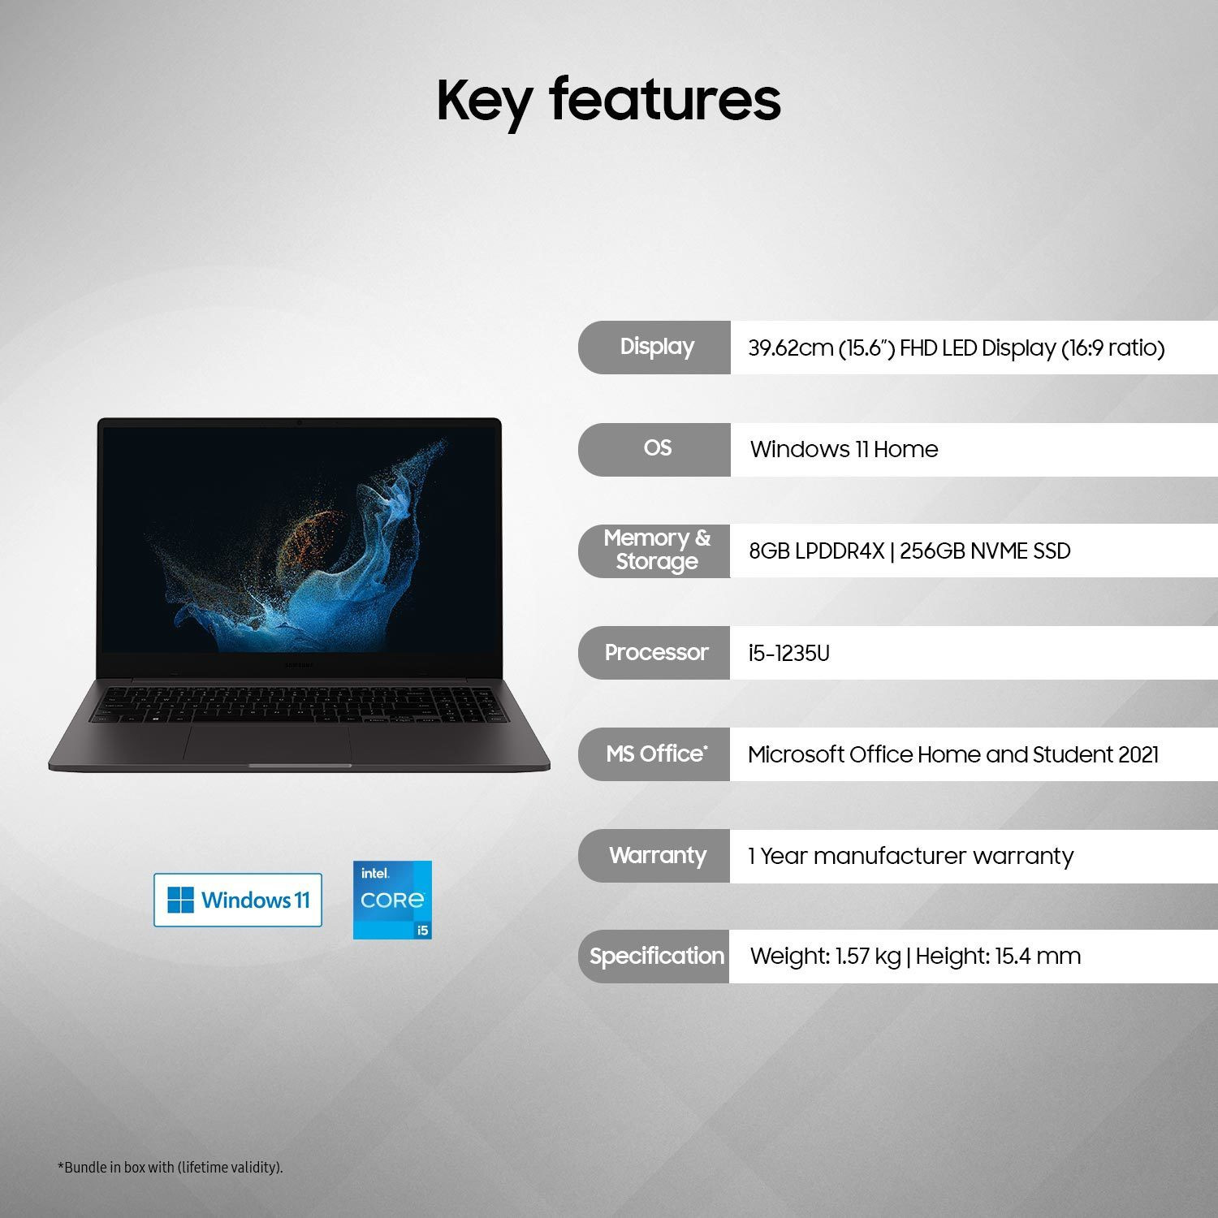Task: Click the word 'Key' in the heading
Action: (x=484, y=101)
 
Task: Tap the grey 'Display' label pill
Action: (x=655, y=348)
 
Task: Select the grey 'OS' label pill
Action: (x=655, y=449)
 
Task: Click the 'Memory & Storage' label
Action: (x=655, y=551)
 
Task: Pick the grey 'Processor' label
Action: (x=655, y=653)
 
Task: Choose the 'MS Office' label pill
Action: (x=655, y=754)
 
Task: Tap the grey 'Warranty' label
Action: (x=655, y=856)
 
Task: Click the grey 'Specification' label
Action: (x=655, y=957)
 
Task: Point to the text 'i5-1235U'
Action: (x=788, y=654)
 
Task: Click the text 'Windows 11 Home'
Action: (x=844, y=449)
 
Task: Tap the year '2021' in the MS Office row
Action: (x=1138, y=755)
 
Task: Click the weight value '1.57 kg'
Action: (x=868, y=957)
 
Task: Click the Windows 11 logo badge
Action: (x=238, y=900)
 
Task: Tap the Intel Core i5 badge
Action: (x=392, y=900)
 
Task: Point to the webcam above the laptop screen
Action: (x=300, y=422)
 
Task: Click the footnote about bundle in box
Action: (x=170, y=1168)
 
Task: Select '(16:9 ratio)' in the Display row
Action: (x=1112, y=348)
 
